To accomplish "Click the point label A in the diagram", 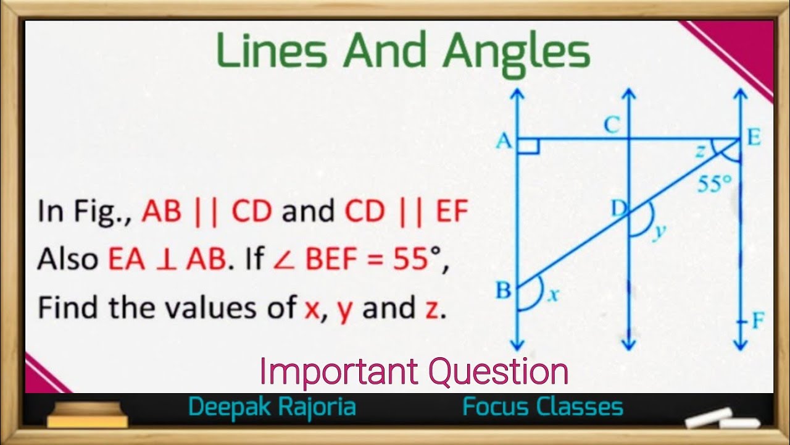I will tap(504, 142).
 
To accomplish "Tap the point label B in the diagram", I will tap(504, 290).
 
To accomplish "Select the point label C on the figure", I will tap(612, 126).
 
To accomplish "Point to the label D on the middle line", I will tap(618, 210).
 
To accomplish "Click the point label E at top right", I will tap(754, 138).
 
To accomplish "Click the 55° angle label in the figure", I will tap(715, 184).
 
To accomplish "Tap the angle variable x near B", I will tap(553, 296).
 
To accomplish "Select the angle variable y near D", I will tap(660, 231).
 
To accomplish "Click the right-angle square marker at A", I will tap(530, 146).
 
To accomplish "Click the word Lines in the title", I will tap(272, 52).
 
